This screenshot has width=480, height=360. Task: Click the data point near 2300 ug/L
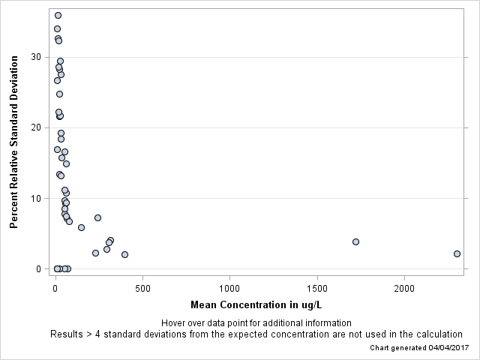click(x=457, y=253)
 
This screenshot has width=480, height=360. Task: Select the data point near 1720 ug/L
click(x=355, y=241)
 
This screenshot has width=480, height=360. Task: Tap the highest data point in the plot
click(x=58, y=15)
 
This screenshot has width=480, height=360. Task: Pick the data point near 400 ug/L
click(x=124, y=254)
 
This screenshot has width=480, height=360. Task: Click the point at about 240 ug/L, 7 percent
click(x=97, y=217)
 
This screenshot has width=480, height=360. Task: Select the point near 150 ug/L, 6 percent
click(x=81, y=227)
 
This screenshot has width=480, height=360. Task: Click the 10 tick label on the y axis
click(x=37, y=198)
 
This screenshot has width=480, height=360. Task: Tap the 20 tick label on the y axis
click(x=37, y=127)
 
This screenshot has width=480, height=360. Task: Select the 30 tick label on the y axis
click(x=37, y=57)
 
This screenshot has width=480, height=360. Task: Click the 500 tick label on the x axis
click(x=142, y=288)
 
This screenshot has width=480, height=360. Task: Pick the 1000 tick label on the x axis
click(x=229, y=288)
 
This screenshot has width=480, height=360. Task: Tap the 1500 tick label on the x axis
click(x=317, y=288)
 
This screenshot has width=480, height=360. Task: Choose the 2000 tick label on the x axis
click(x=404, y=288)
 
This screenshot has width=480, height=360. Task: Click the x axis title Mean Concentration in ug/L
click(x=256, y=304)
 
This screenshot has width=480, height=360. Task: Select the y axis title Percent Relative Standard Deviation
click(x=13, y=141)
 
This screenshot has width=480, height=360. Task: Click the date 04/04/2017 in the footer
click(x=446, y=348)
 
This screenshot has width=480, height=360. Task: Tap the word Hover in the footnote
click(x=174, y=322)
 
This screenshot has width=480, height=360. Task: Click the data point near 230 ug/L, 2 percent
click(x=95, y=253)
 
